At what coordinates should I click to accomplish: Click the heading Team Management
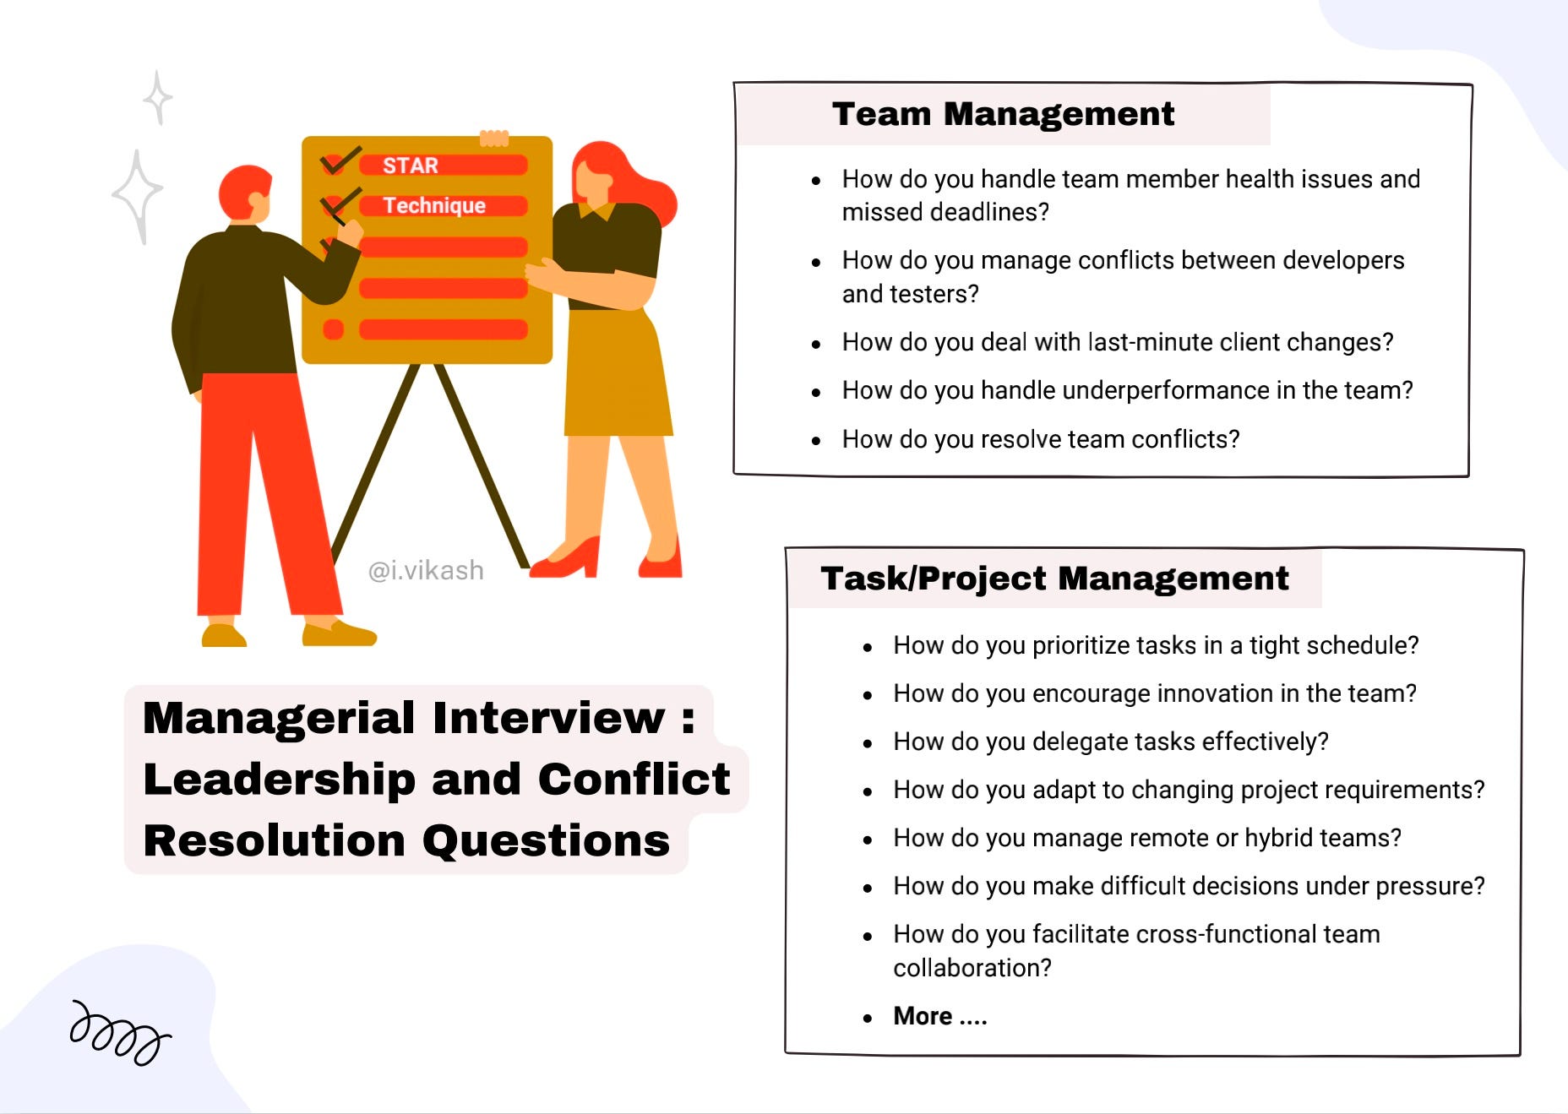pos(1003,114)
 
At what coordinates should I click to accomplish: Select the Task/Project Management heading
pos(1054,579)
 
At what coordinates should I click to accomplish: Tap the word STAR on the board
pos(411,166)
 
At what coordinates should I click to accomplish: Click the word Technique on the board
pos(434,206)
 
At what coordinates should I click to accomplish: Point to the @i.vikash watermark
pos(426,571)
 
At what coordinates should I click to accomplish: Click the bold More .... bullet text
pos(940,1016)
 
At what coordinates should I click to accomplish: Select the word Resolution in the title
pos(275,841)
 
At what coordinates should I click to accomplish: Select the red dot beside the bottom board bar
pos(334,329)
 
